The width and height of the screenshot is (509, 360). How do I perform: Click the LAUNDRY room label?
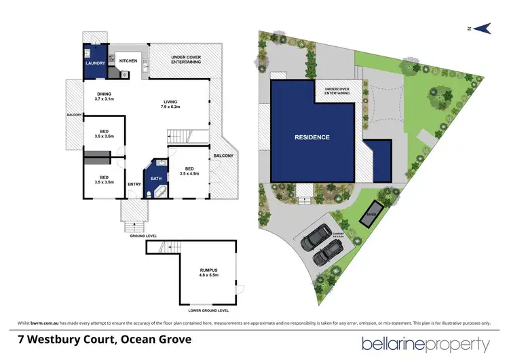pyautogui.click(x=94, y=63)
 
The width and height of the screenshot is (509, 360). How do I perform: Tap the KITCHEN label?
pyautogui.click(x=128, y=61)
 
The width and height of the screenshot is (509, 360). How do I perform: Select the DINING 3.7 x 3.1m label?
pyautogui.click(x=105, y=96)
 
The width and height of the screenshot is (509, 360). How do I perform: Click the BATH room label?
pyautogui.click(x=156, y=179)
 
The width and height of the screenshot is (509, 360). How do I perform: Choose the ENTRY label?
pyautogui.click(x=134, y=183)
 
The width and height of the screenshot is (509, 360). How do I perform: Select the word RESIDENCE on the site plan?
pyautogui.click(x=312, y=137)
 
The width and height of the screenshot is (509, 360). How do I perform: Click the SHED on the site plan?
pyautogui.click(x=371, y=212)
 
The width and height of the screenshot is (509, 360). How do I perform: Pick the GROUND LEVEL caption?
pyautogui.click(x=143, y=236)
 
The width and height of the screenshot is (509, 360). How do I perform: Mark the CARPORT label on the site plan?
pyautogui.click(x=338, y=234)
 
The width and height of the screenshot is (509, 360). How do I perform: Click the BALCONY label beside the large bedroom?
pyautogui.click(x=223, y=156)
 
